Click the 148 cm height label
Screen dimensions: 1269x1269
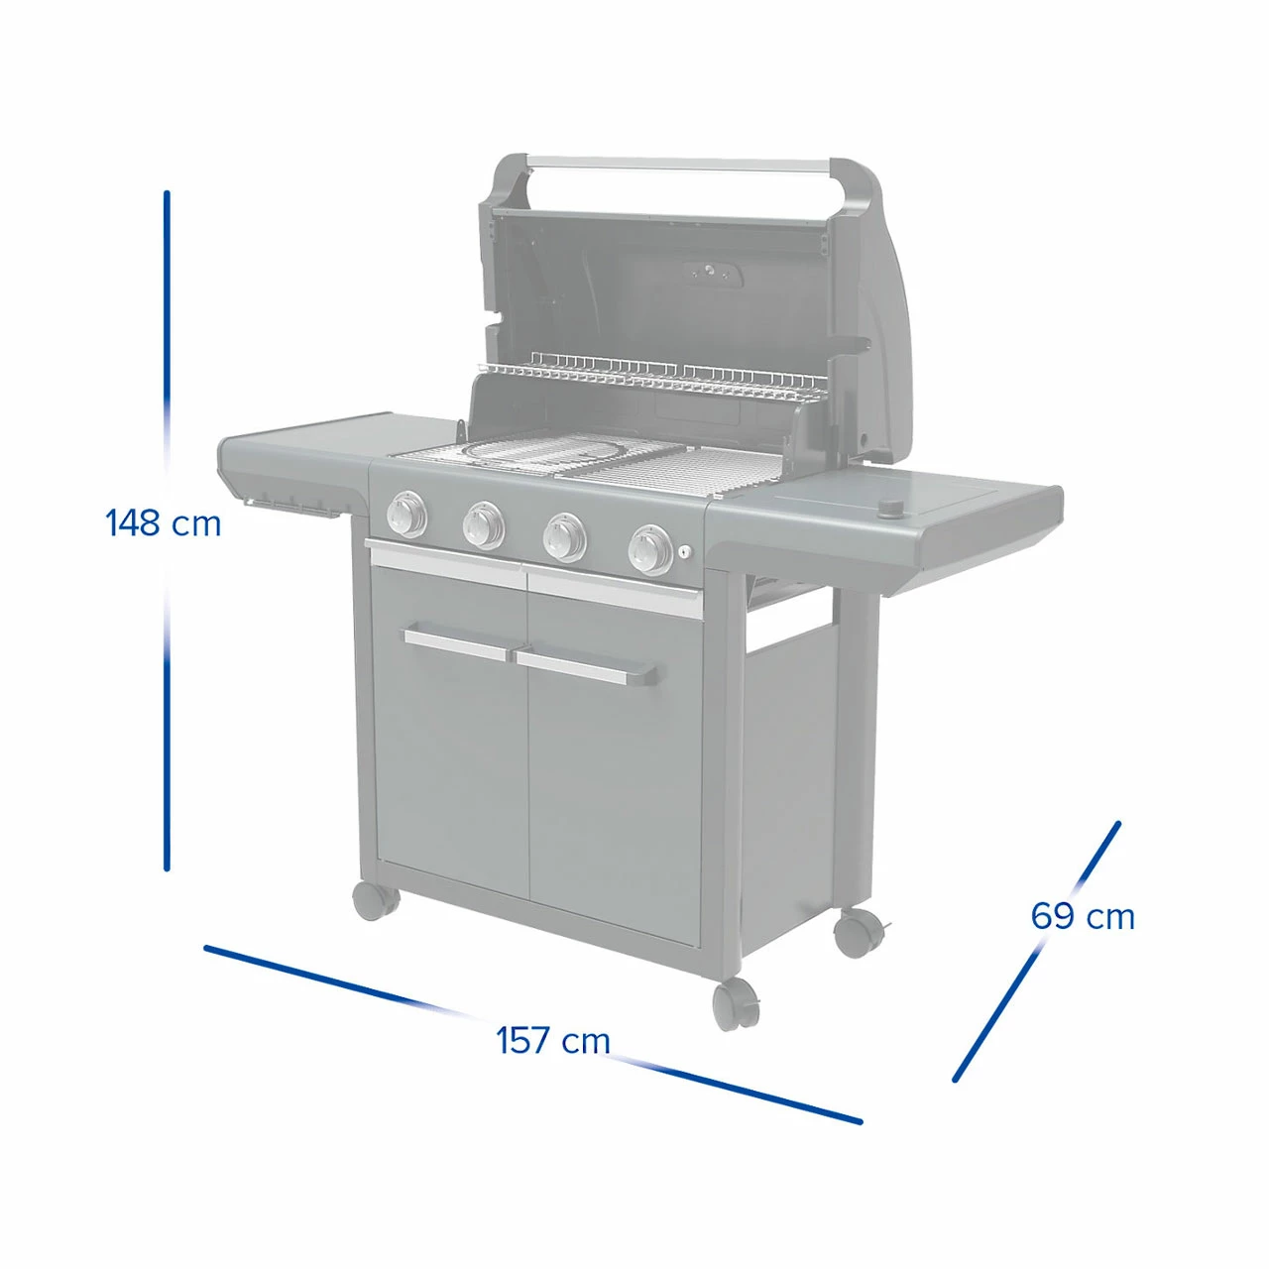pyautogui.click(x=163, y=523)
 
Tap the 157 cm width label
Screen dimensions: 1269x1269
pyautogui.click(x=552, y=1040)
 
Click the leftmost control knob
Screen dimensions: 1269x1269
pyautogui.click(x=407, y=514)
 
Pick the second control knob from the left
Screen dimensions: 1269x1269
pyautogui.click(x=484, y=524)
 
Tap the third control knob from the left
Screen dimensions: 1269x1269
pyautogui.click(x=564, y=536)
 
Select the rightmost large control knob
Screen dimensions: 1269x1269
pyautogui.click(x=650, y=550)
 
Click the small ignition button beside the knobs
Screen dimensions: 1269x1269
pyautogui.click(x=685, y=552)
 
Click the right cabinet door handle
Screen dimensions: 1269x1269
pyautogui.click(x=586, y=668)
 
